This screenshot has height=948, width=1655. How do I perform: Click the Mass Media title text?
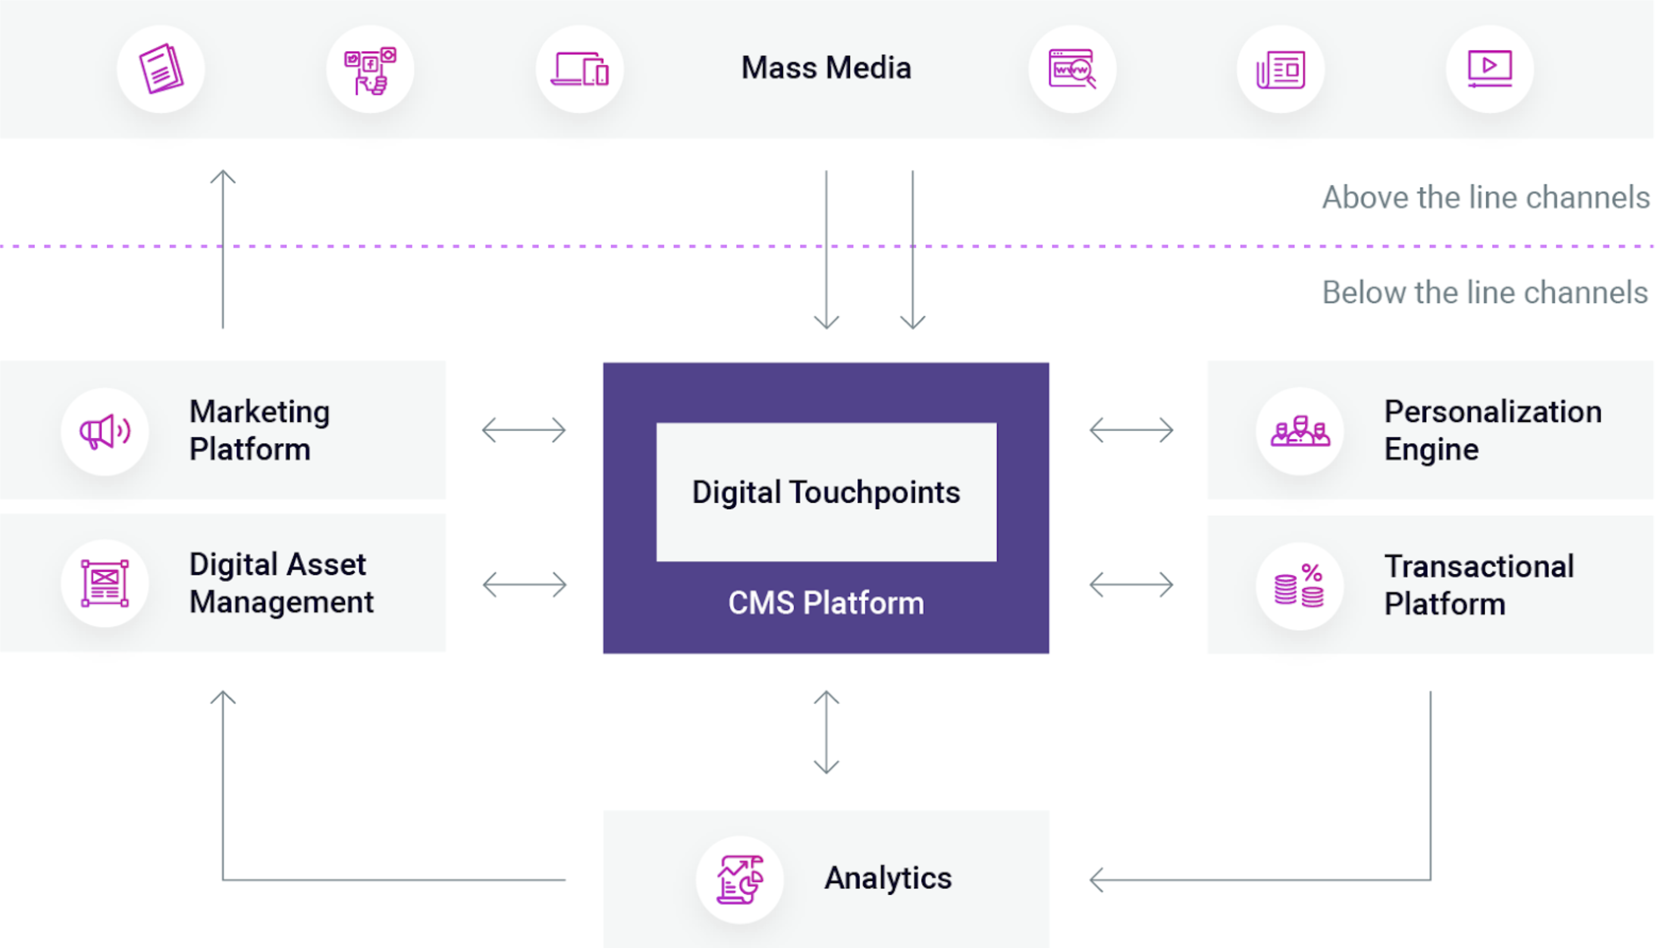pos(826,68)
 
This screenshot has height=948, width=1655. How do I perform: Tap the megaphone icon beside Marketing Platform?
pos(105,431)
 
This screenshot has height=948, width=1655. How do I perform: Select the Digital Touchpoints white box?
pos(826,492)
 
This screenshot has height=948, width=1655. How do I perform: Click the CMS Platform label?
pos(826,603)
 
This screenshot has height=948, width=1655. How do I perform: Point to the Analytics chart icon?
pos(740,880)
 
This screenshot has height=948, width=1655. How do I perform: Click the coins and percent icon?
pos(1299,585)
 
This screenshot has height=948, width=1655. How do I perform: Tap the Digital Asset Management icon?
pos(105,584)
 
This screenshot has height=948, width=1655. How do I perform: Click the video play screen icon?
pos(1490,69)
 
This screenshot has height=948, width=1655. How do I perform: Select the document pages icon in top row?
pos(161,69)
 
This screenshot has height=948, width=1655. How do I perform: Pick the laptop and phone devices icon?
pos(580,69)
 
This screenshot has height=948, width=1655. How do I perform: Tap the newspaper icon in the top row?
pos(1281,69)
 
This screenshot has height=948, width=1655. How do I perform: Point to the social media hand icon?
pos(370,69)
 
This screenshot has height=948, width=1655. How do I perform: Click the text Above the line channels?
pos(1486,197)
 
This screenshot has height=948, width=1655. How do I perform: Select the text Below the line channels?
pos(1485,292)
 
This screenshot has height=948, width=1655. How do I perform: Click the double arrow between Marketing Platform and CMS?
pos(524,430)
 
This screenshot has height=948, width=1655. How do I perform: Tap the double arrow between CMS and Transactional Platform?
pos(1131,584)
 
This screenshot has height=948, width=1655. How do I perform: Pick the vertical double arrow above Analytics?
pos(826,732)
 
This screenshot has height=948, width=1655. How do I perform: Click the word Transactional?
pos(1479,566)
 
